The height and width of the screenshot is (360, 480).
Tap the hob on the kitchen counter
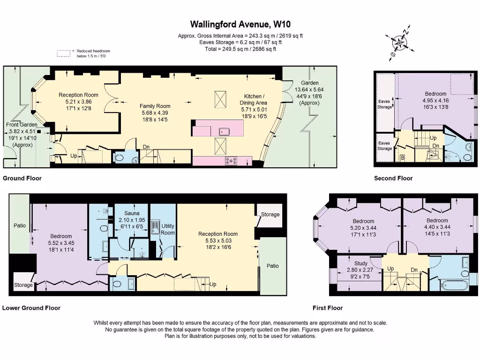(231, 161)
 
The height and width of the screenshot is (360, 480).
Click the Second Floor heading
(393, 178)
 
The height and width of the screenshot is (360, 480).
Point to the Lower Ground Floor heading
(31, 308)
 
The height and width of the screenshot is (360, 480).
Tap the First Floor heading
(328, 308)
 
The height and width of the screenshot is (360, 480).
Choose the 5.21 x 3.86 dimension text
(78, 102)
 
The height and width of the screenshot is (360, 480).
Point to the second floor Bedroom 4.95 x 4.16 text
(435, 94)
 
